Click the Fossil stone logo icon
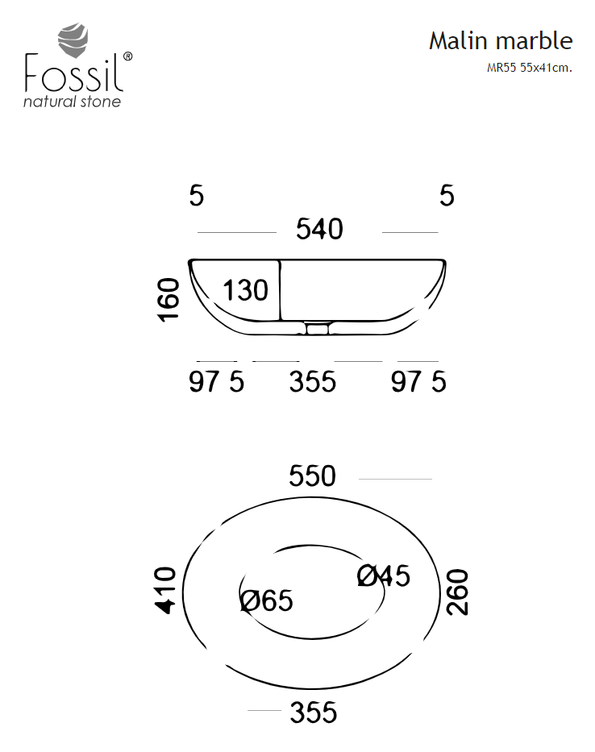[x=73, y=39]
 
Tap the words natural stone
[x=72, y=102]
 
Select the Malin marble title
[x=501, y=41]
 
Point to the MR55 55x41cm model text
[x=529, y=68]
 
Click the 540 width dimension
[x=319, y=229]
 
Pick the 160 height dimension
[x=168, y=299]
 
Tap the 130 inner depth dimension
[x=245, y=291]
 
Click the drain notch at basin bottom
[x=317, y=329]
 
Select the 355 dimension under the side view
[x=312, y=382]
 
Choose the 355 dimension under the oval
[x=314, y=713]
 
